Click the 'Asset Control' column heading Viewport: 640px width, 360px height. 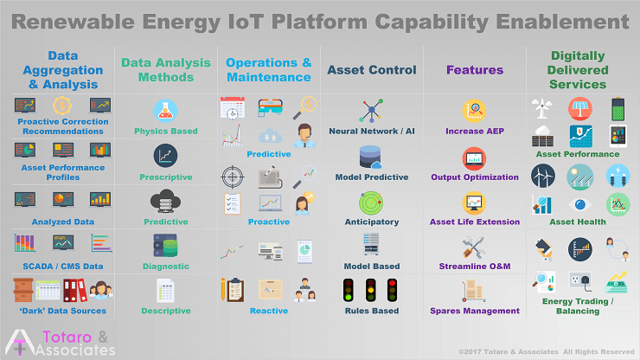(371, 70)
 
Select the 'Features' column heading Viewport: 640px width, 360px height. (475, 70)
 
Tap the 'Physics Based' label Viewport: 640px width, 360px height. (166, 132)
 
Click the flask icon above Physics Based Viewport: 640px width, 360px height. (166, 111)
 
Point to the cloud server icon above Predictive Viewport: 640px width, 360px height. (166, 201)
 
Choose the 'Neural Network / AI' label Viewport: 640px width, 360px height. (371, 132)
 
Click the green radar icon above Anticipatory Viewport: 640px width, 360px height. (371, 202)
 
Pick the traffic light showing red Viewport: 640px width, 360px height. (393, 290)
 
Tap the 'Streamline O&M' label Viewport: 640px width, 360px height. (475, 267)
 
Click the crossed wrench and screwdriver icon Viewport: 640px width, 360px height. (473, 247)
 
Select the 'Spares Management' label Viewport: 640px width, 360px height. (475, 311)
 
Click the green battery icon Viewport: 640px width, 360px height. (618, 110)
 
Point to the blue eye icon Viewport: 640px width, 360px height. (580, 204)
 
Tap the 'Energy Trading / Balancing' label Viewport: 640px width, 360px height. (578, 306)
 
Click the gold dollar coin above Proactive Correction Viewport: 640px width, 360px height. (62, 106)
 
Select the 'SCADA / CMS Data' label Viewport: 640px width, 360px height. (63, 267)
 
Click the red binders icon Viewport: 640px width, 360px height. (74, 290)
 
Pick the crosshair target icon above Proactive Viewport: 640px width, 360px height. (233, 177)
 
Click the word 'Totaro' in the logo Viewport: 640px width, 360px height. (67, 337)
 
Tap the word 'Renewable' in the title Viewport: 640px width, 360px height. (73, 22)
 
